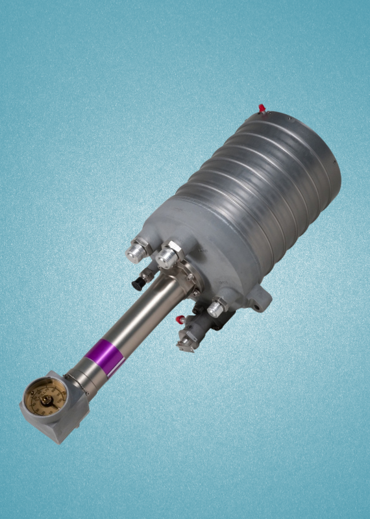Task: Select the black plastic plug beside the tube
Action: pos(138,284)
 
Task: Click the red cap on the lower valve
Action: pos(181,320)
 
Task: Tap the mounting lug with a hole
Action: pos(259,299)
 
